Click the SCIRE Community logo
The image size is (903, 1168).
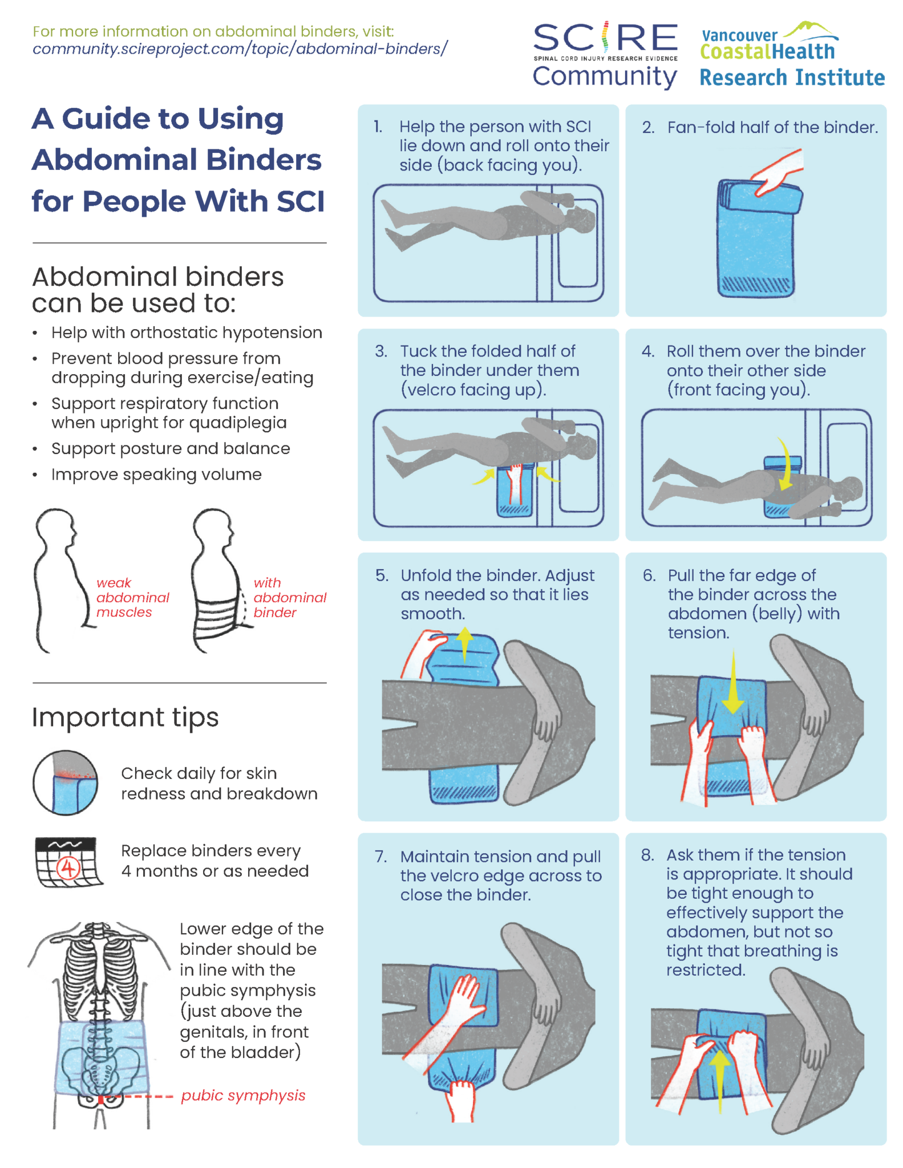point(605,55)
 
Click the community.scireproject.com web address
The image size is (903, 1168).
point(240,49)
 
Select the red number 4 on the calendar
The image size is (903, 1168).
point(69,868)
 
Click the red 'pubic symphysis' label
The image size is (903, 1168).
point(243,1096)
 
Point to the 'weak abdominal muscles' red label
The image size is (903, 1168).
point(132,597)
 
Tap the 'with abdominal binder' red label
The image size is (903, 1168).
point(289,597)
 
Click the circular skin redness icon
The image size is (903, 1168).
point(65,782)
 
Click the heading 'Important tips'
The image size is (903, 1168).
point(125,717)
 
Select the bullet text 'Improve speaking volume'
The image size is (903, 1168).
point(156,474)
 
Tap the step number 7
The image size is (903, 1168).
point(380,857)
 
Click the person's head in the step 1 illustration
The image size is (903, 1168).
point(581,220)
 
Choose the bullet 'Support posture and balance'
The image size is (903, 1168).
point(170,449)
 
